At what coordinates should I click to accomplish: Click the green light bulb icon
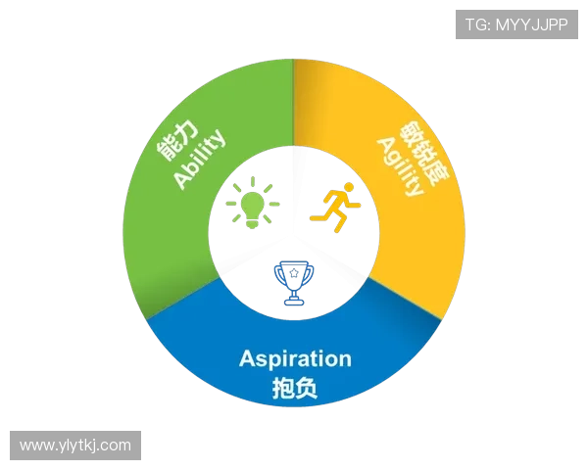(x=252, y=205)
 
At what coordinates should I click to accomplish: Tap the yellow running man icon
(x=334, y=207)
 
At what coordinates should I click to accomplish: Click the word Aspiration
(x=295, y=358)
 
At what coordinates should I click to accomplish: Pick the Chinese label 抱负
(x=294, y=388)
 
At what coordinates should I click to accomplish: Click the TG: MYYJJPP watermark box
(x=516, y=24)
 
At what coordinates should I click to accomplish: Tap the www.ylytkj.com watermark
(x=74, y=446)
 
